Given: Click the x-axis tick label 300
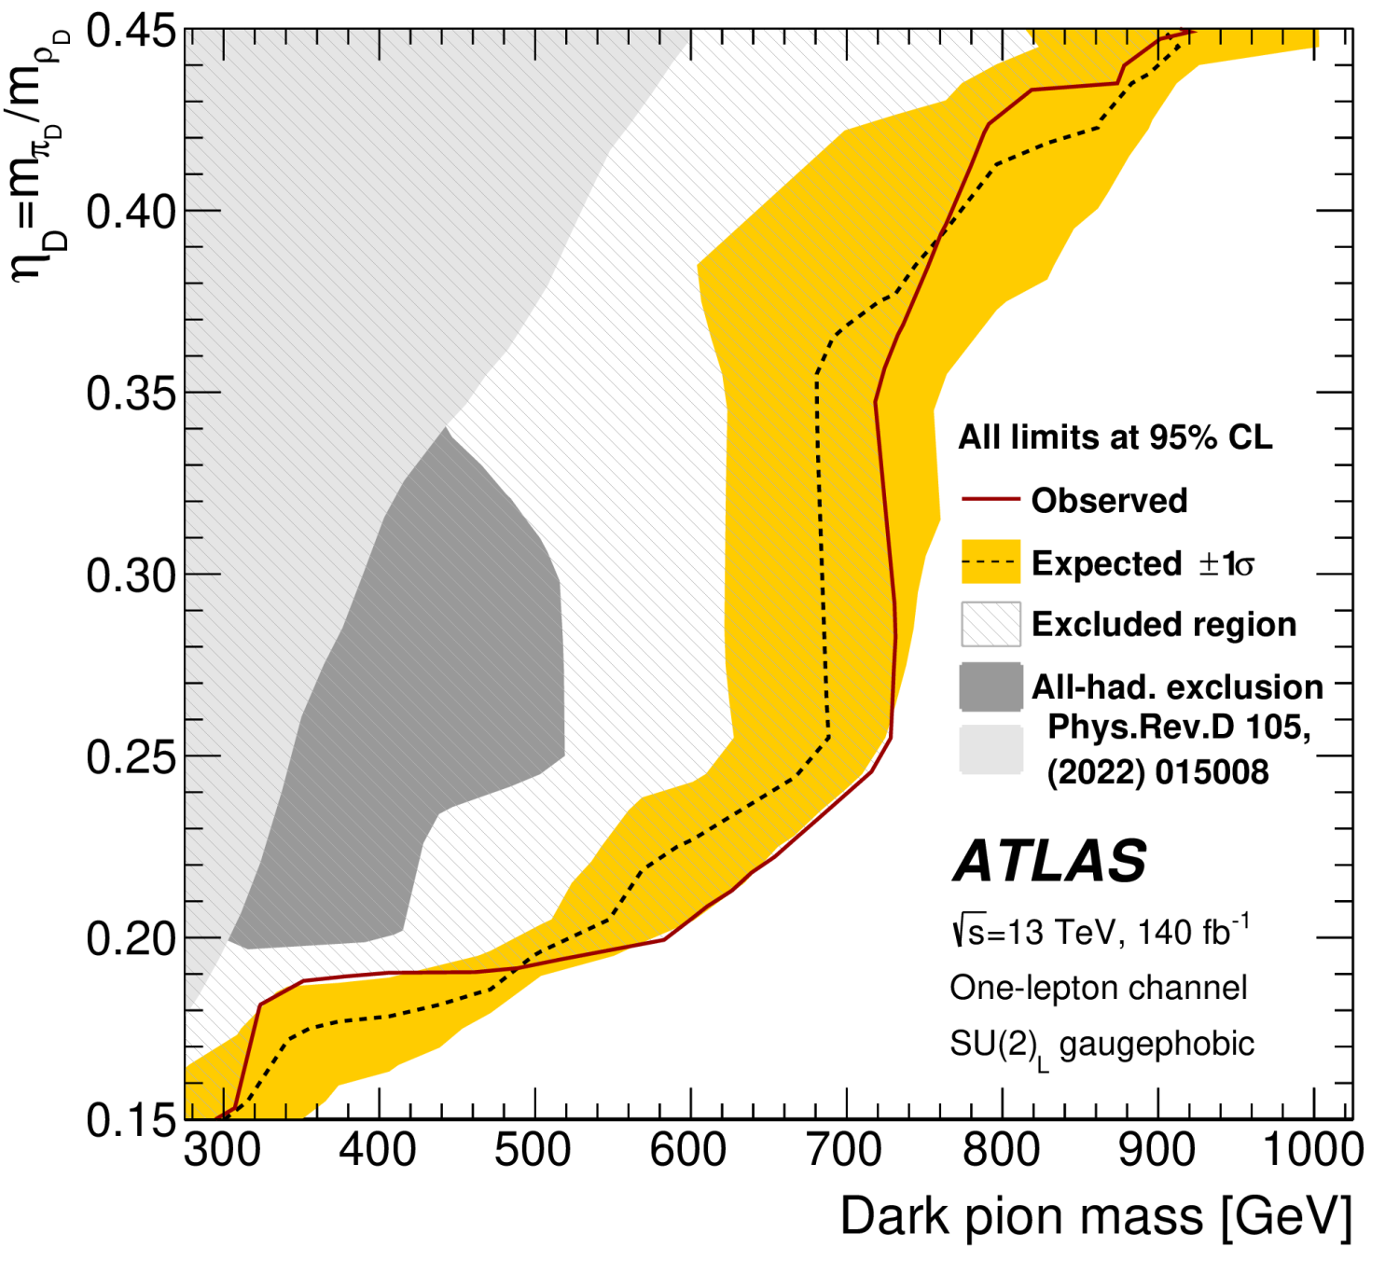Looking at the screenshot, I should click(222, 1151).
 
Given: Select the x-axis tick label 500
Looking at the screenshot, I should click(533, 1151).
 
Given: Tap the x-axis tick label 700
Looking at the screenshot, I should click(844, 1151).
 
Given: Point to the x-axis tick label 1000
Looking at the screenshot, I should click(1312, 1151).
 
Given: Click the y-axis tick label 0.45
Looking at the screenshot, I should click(131, 32).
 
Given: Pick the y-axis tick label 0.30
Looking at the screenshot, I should click(131, 575).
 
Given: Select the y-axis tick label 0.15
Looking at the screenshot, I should click(131, 1119).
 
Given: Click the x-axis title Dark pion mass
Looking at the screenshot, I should click(1096, 1217).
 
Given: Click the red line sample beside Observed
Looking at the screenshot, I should click(990, 500).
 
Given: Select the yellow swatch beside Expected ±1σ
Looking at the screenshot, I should click(990, 562).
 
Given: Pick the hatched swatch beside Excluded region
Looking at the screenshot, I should click(990, 624).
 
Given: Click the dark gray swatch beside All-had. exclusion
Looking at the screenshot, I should click(990, 687).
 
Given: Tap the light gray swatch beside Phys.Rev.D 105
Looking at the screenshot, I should click(990, 749).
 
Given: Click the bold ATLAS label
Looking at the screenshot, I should click(1049, 860).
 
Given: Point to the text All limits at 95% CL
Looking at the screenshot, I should click(1115, 437).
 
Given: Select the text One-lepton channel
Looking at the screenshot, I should click(1098, 988).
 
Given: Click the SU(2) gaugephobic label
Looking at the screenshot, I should click(1101, 1046).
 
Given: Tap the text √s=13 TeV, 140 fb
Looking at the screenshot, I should click(1099, 932).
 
